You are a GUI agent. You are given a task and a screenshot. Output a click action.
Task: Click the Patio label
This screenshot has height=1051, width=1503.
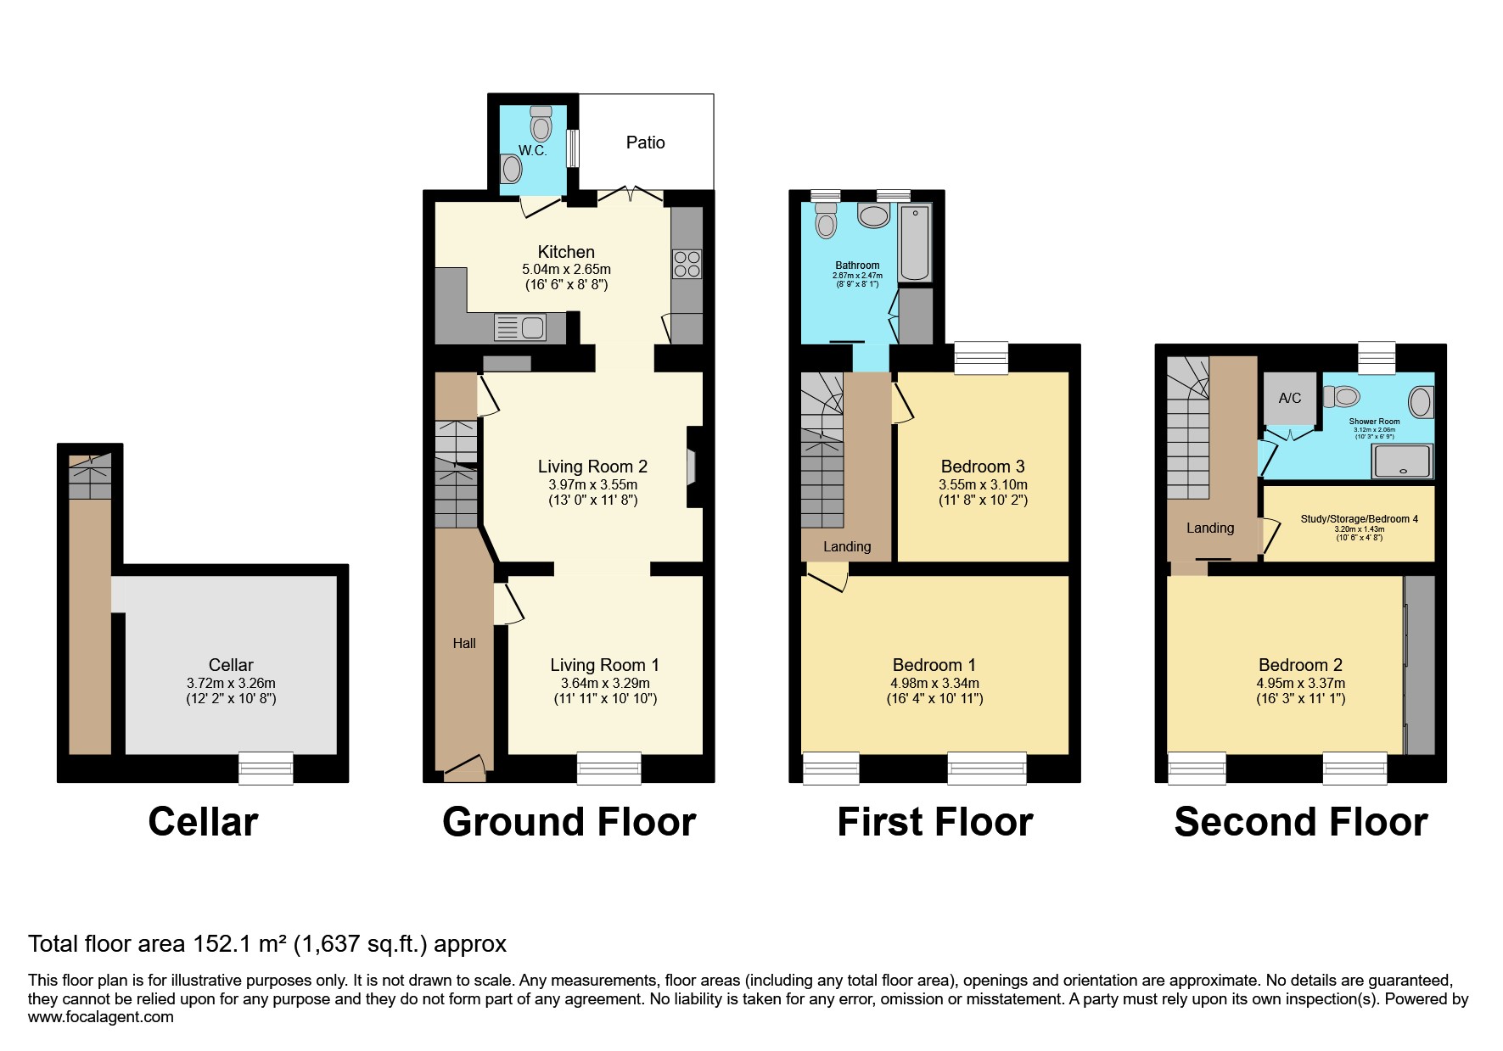tap(645, 143)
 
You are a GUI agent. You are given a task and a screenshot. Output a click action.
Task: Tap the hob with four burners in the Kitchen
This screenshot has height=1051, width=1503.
tap(687, 264)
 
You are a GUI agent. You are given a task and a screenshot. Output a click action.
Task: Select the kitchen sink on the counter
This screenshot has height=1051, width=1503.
tap(520, 327)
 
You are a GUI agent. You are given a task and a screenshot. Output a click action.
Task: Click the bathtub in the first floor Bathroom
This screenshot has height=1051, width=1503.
tap(914, 243)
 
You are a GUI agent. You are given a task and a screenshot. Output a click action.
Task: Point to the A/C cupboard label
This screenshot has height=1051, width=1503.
tap(1289, 398)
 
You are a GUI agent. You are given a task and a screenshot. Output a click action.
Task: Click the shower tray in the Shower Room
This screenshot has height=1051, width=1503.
tap(1402, 462)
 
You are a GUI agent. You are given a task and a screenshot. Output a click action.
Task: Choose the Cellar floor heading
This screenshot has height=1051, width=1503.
tap(203, 822)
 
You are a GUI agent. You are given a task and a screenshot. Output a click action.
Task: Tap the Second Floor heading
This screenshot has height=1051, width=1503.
tap(1300, 822)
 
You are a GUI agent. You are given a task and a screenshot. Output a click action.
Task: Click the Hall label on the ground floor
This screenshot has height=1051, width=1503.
tap(464, 643)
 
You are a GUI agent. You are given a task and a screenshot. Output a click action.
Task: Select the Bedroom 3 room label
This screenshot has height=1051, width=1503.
tap(983, 467)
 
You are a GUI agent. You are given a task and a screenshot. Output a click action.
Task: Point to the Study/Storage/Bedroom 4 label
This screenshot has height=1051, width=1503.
tap(1359, 519)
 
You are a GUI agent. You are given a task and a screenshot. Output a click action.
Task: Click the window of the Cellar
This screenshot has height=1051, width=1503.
tap(266, 768)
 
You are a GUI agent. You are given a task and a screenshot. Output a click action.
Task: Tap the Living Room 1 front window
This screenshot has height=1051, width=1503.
tap(608, 768)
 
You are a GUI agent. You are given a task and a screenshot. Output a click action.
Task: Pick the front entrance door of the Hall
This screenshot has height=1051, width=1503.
tap(464, 769)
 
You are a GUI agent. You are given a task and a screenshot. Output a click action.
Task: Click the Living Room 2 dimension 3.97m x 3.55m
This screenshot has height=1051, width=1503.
tap(592, 485)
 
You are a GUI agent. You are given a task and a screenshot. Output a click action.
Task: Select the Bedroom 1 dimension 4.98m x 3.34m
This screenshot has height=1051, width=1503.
tap(934, 683)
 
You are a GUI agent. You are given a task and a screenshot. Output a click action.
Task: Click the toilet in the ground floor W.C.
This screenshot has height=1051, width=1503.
tap(541, 124)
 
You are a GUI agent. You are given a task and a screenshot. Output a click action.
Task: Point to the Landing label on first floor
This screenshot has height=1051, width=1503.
tap(846, 546)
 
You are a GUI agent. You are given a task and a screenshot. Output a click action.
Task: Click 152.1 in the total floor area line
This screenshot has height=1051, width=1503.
tap(220, 944)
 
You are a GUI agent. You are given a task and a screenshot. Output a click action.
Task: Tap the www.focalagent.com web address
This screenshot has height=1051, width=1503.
tap(101, 1017)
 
